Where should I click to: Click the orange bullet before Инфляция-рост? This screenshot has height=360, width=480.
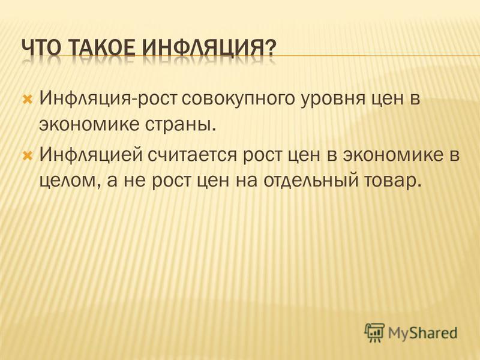coord(28,99)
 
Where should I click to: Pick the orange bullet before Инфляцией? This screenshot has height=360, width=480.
coord(28,155)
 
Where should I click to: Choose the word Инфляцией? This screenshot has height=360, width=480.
coord(91,155)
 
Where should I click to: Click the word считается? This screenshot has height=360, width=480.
coord(193,155)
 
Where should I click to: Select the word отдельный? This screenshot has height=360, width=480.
coord(310,181)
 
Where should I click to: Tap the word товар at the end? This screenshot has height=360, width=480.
coord(391,181)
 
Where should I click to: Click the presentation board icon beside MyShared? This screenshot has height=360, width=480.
coord(374,332)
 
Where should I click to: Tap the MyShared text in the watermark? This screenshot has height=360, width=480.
coord(423,333)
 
